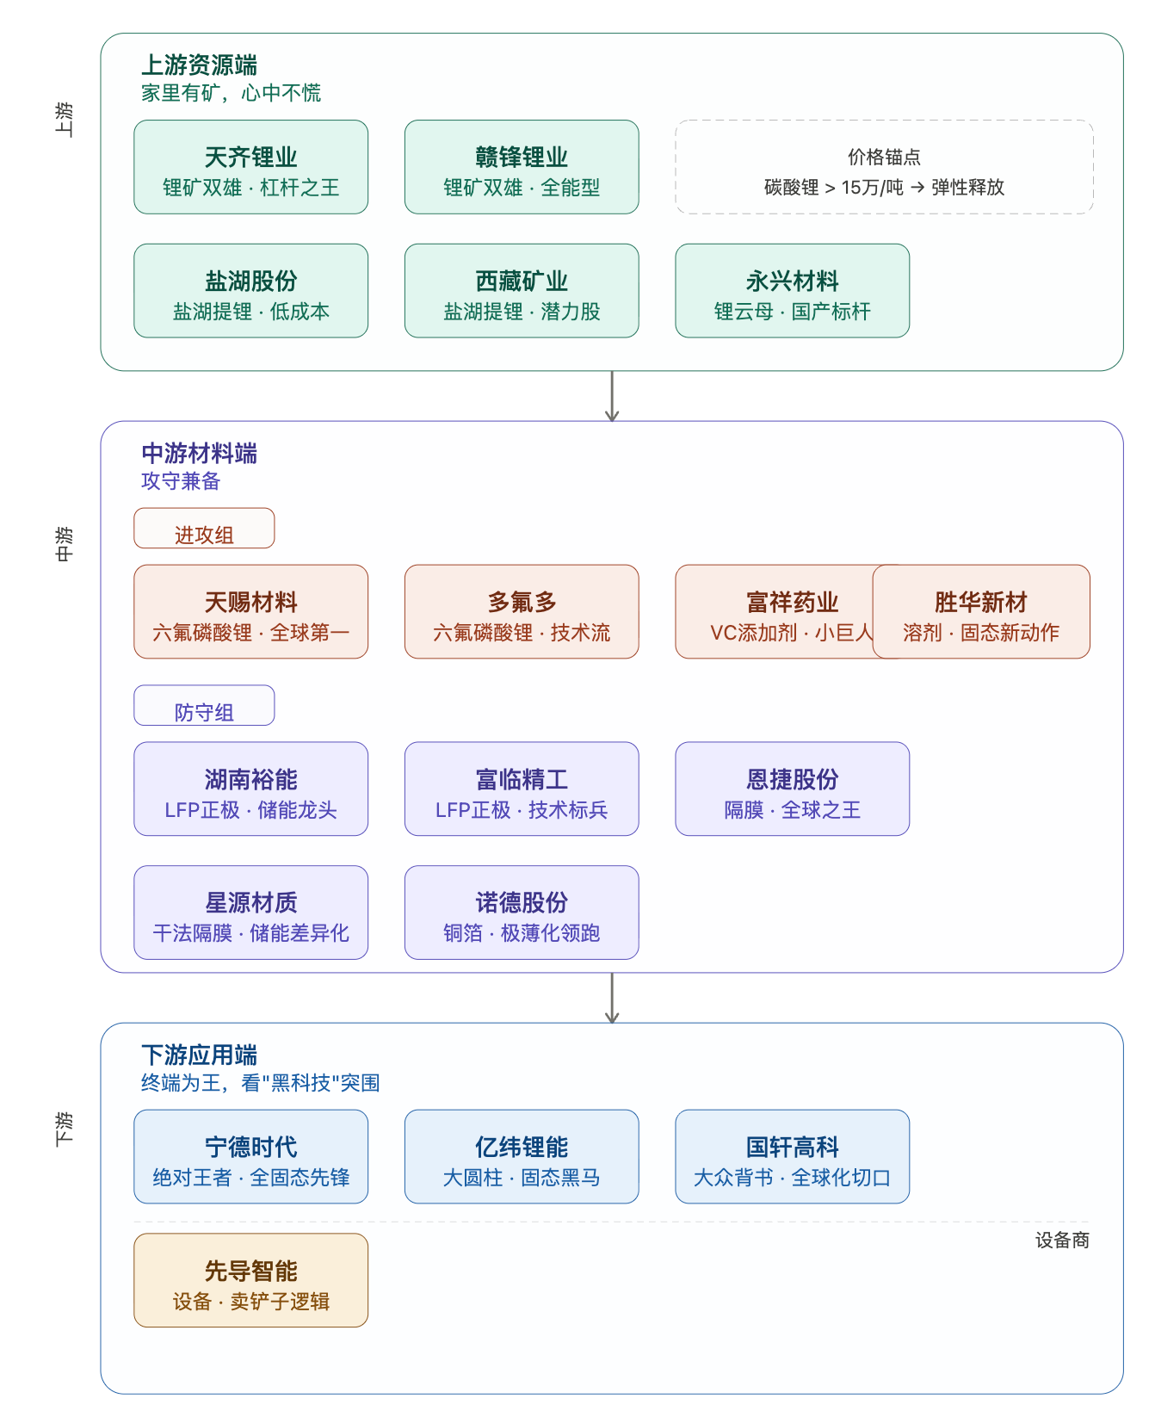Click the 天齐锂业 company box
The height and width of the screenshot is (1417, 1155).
pos(250,167)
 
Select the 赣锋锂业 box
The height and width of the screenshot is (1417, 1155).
pos(522,167)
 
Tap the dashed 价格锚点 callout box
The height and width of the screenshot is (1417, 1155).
pos(884,167)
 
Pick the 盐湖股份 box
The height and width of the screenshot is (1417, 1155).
pos(250,291)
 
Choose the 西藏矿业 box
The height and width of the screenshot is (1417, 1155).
pos(522,291)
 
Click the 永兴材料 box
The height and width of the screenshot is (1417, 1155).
pos(792,291)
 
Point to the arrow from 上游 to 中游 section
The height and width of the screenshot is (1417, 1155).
pos(612,396)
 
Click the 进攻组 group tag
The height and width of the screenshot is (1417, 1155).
pos(204,529)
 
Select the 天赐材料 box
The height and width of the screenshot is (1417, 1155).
pos(250,612)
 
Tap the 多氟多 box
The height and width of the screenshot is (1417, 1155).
pos(522,612)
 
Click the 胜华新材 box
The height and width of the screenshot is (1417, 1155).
pos(981,612)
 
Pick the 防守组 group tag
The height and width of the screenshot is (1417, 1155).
pos(204,706)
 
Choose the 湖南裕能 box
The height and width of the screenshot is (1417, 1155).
pos(250,789)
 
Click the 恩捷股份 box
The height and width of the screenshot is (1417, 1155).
pos(792,789)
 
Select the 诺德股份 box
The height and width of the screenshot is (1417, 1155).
pos(522,913)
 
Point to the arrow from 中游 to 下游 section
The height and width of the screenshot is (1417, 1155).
pos(612,998)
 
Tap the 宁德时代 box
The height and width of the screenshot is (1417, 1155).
pos(250,1157)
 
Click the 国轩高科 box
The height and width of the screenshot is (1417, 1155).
pos(792,1157)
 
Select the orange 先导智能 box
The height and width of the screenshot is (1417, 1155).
pos(250,1281)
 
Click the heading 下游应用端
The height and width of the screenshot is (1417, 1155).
pos(199,1055)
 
